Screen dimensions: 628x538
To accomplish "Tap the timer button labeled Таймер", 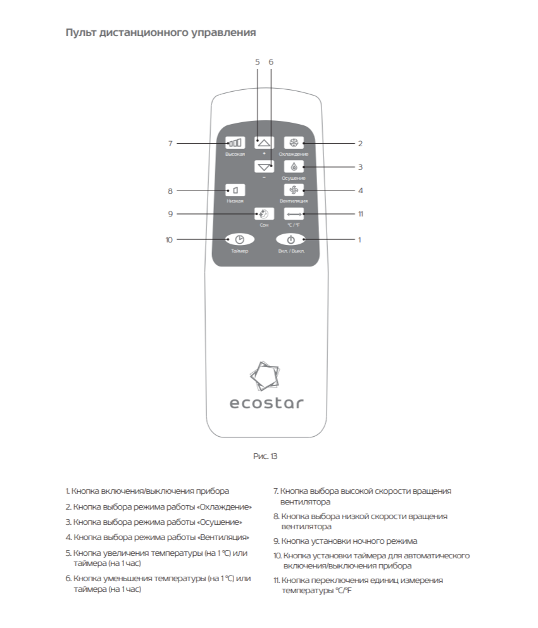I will [x=239, y=239].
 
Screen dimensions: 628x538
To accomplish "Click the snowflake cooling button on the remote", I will [x=294, y=143].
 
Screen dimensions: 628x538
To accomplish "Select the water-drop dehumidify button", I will [x=294, y=167].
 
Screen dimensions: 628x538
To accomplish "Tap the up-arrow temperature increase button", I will [x=264, y=143].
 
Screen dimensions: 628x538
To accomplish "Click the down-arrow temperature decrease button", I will [x=264, y=167].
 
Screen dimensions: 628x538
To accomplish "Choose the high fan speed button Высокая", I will [x=235, y=143].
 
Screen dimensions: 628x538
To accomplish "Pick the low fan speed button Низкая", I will [x=235, y=190].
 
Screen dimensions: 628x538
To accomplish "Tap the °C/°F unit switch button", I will [x=294, y=214].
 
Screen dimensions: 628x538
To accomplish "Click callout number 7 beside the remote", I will [x=170, y=144].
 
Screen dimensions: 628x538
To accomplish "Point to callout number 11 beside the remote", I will [x=360, y=214].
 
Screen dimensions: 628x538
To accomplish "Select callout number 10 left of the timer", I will [x=169, y=240].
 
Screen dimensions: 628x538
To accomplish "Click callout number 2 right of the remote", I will [x=360, y=144].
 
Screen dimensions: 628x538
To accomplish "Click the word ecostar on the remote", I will [x=266, y=403].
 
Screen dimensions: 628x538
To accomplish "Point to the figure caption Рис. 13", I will [x=266, y=456].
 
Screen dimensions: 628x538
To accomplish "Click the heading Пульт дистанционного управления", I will [x=161, y=32].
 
